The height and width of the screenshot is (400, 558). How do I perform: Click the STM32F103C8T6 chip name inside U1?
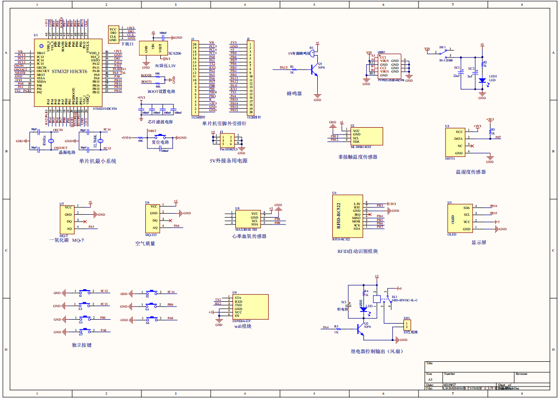pyautogui.click(x=69, y=71)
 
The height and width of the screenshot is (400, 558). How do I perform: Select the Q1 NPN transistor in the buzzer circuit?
pyautogui.click(x=315, y=70)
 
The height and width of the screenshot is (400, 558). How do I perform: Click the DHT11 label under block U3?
pyautogui.click(x=450, y=158)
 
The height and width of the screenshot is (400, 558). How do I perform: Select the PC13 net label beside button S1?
pyautogui.click(x=104, y=291)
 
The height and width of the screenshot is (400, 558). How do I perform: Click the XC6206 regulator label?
pyautogui.click(x=174, y=53)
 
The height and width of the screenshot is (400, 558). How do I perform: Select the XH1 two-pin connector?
pyautogui.click(x=407, y=325)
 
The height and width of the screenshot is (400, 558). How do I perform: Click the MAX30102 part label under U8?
pyautogui.click(x=246, y=230)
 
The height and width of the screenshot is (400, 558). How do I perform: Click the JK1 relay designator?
pyautogui.click(x=394, y=296)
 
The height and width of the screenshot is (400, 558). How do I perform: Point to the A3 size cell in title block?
pyautogui.click(x=431, y=380)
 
